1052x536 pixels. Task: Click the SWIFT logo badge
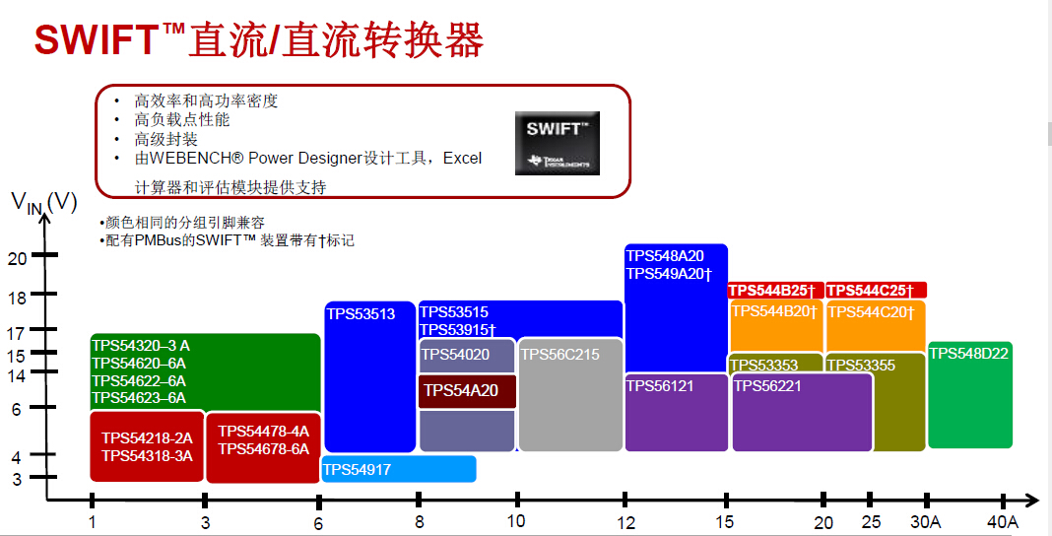pyautogui.click(x=557, y=143)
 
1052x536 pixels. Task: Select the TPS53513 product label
pyautogui.click(x=360, y=314)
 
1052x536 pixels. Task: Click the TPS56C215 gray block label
pyautogui.click(x=559, y=355)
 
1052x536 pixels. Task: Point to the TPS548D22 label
pyautogui.click(x=968, y=354)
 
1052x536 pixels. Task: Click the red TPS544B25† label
pyautogui.click(x=772, y=291)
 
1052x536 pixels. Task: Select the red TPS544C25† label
pyautogui.click(x=870, y=291)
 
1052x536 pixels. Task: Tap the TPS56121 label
pyautogui.click(x=660, y=386)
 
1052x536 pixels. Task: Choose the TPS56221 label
pyautogui.click(x=767, y=386)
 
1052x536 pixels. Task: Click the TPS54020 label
pyautogui.click(x=455, y=354)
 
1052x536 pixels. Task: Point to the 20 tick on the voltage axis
pyautogui.click(x=17, y=258)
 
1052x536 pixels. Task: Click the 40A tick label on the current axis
pyautogui.click(x=1002, y=521)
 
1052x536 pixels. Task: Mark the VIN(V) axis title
pyautogui.click(x=43, y=203)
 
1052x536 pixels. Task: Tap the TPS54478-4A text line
pyautogui.click(x=263, y=432)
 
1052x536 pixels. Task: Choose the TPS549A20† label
pyautogui.click(x=668, y=273)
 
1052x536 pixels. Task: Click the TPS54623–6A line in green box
pyautogui.click(x=139, y=398)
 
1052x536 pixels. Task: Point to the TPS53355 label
pyautogui.click(x=860, y=366)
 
